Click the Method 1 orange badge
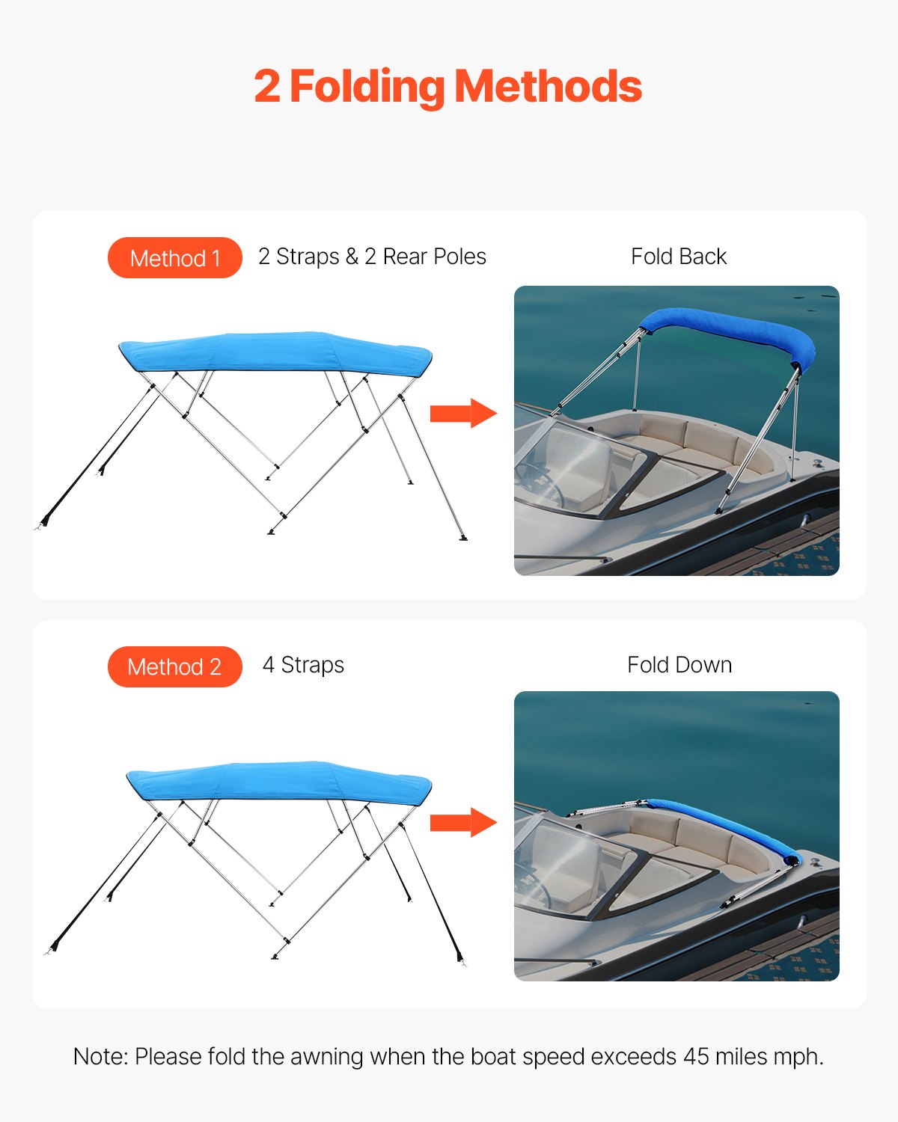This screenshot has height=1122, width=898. click(x=174, y=258)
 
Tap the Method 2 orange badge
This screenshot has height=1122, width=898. click(x=174, y=666)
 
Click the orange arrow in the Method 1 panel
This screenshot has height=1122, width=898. click(x=462, y=413)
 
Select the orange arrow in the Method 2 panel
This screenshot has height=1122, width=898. click(x=462, y=823)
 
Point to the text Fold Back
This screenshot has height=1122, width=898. click(x=679, y=257)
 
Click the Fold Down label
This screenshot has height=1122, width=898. click(x=679, y=665)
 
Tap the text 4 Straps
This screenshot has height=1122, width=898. click(x=303, y=665)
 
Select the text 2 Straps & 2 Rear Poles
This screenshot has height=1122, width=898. click(x=372, y=257)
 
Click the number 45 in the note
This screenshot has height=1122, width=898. click(x=696, y=1056)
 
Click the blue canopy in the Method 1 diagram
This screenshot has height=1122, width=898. click(x=275, y=352)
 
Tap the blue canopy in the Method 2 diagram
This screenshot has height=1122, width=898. click(x=278, y=782)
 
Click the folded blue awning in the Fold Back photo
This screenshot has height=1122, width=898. click(x=726, y=329)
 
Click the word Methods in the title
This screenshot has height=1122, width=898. click(x=549, y=87)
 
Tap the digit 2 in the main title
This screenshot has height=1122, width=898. click(x=267, y=87)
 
